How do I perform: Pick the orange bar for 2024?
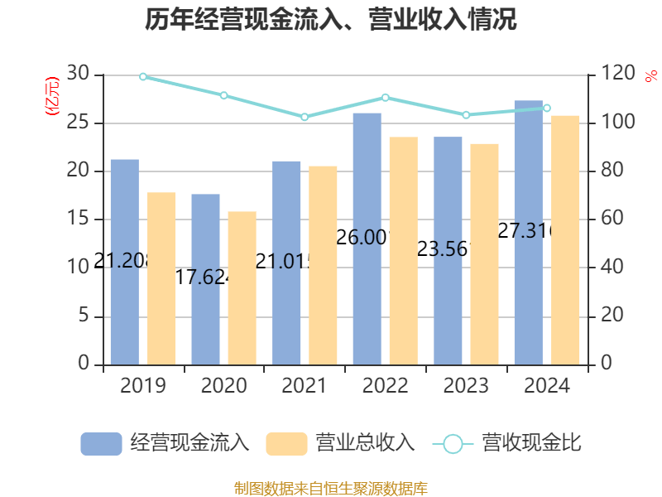pos(566,239)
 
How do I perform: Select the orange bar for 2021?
pos(323,265)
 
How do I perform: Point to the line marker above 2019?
pos(143,76)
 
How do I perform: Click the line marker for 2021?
pos(305,117)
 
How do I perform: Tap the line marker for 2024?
pos(547,108)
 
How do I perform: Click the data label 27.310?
pos(525,231)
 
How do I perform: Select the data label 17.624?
pos(203,277)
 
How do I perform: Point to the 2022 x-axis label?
pos(385,386)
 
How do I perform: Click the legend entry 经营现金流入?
pos(165,443)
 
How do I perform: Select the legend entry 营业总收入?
pos(340,443)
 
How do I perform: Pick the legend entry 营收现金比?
pos(507,443)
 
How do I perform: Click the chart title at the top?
pos(331,20)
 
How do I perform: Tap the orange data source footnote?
pos(331,488)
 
